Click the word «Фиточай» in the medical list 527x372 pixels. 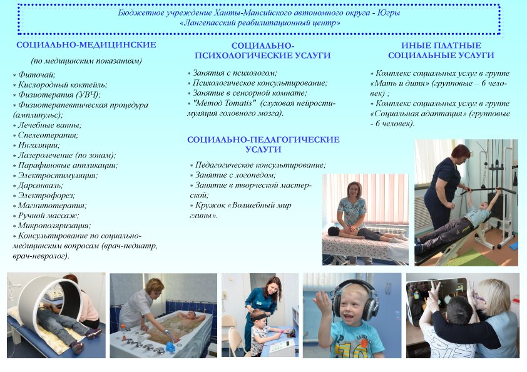click(x=36, y=75)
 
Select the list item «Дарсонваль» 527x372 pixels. click(x=40, y=186)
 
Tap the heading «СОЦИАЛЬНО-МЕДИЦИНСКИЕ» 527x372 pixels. click(x=86, y=45)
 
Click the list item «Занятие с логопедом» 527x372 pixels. click(x=235, y=175)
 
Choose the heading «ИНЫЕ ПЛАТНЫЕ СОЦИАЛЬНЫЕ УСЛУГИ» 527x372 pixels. click(x=441, y=51)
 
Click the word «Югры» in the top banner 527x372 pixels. click(x=389, y=13)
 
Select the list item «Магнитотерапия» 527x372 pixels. click(x=52, y=206)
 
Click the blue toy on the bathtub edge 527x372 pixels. click(x=171, y=346)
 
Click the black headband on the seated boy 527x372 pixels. click(x=258, y=316)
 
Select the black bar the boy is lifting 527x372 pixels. click(x=488, y=190)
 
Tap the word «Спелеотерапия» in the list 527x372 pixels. click(x=48, y=135)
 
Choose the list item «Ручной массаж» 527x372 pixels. click(x=48, y=216)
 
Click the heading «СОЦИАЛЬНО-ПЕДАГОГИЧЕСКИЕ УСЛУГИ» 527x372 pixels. click(x=263, y=144)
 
